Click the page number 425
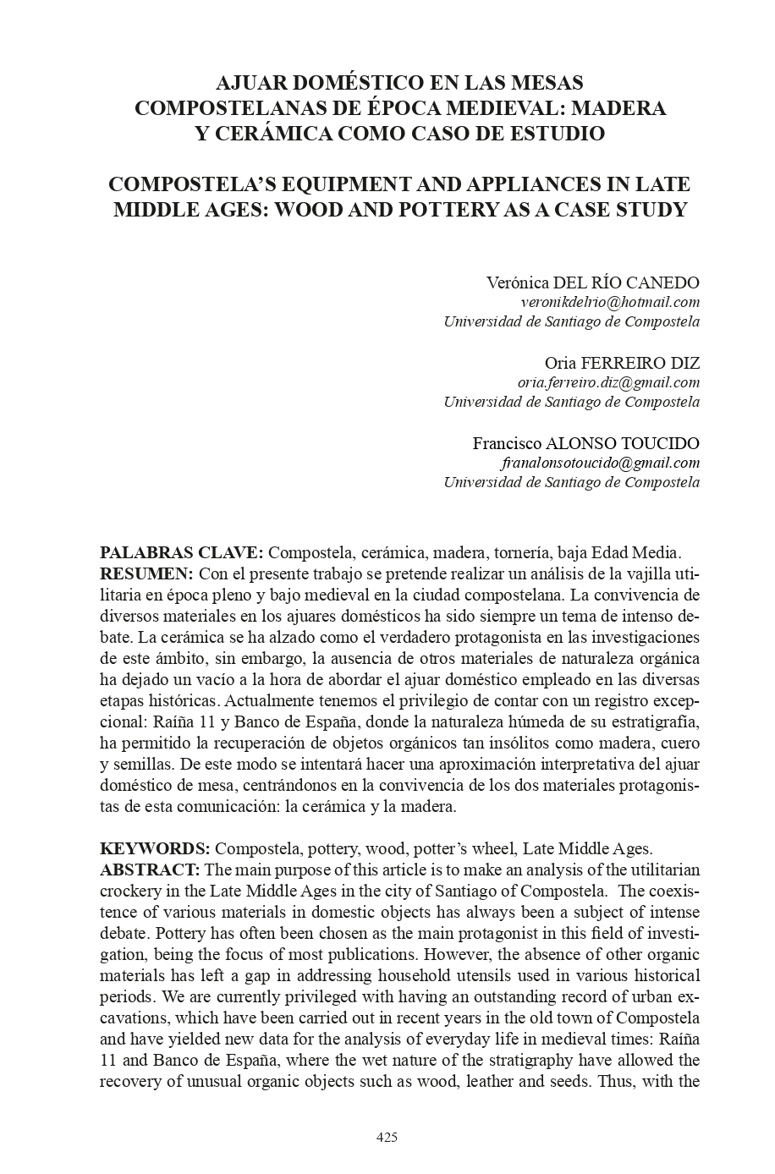tap(387, 1137)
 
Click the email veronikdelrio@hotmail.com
tap(609, 302)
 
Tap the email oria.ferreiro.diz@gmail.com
tap(608, 382)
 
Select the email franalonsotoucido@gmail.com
tap(600, 463)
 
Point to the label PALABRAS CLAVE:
tap(182, 553)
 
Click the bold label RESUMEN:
tap(146, 573)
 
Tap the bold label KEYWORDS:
tap(155, 849)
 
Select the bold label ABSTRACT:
tap(150, 870)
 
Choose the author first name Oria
tap(560, 363)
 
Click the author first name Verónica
tap(518, 282)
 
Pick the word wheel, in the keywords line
tap(495, 849)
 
